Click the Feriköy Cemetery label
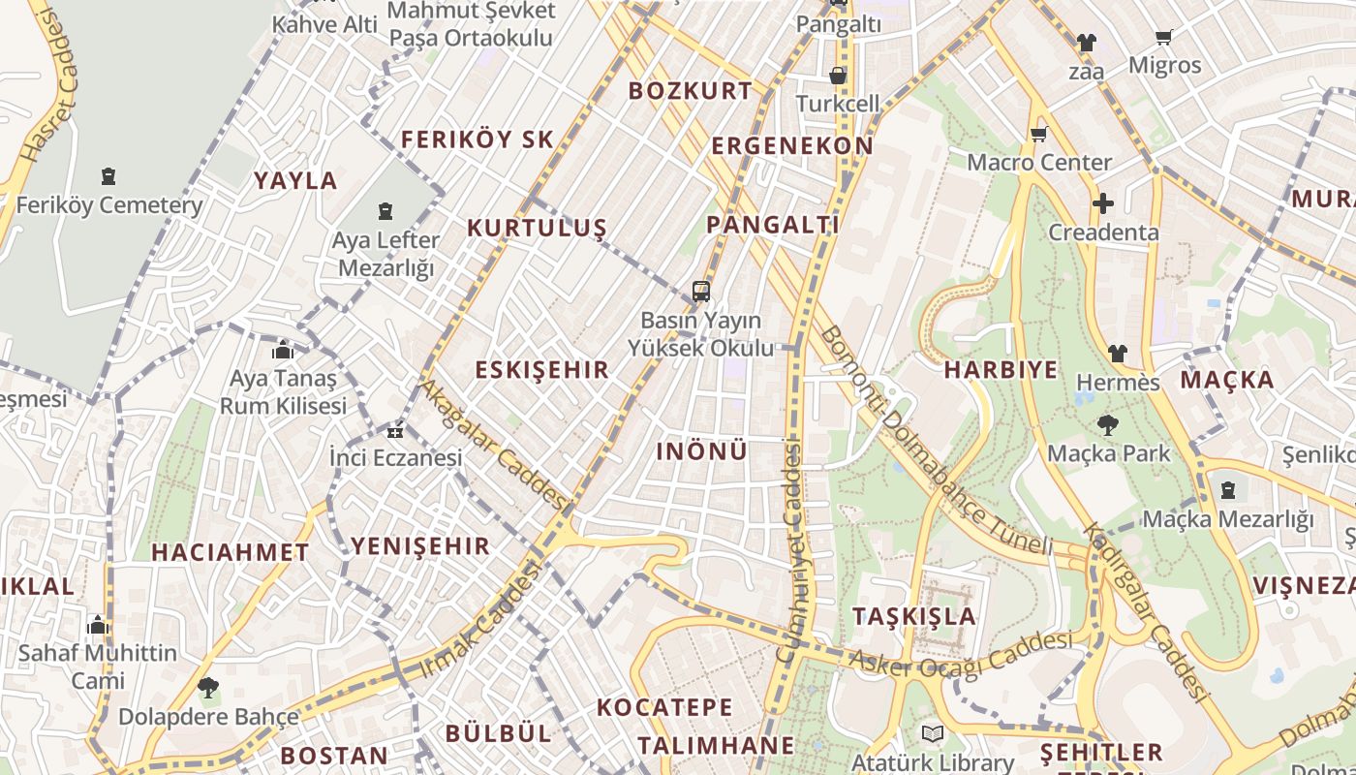tap(108, 205)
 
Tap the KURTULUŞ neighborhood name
tap(537, 229)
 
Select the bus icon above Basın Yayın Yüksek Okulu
tap(700, 292)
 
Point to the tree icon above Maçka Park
tap(1107, 424)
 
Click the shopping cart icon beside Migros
tap(1164, 37)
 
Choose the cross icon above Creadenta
tap(1102, 203)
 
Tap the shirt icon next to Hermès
tap(1118, 354)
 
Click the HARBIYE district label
tap(1001, 370)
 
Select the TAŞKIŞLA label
tap(914, 617)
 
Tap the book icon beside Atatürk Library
tap(932, 734)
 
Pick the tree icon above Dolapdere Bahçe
tap(207, 688)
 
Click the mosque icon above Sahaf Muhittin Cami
tap(97, 625)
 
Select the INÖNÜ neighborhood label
tap(701, 451)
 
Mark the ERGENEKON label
tap(792, 146)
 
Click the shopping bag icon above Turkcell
tap(838, 75)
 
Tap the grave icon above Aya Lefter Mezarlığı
tap(385, 210)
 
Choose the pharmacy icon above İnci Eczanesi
tap(394, 431)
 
